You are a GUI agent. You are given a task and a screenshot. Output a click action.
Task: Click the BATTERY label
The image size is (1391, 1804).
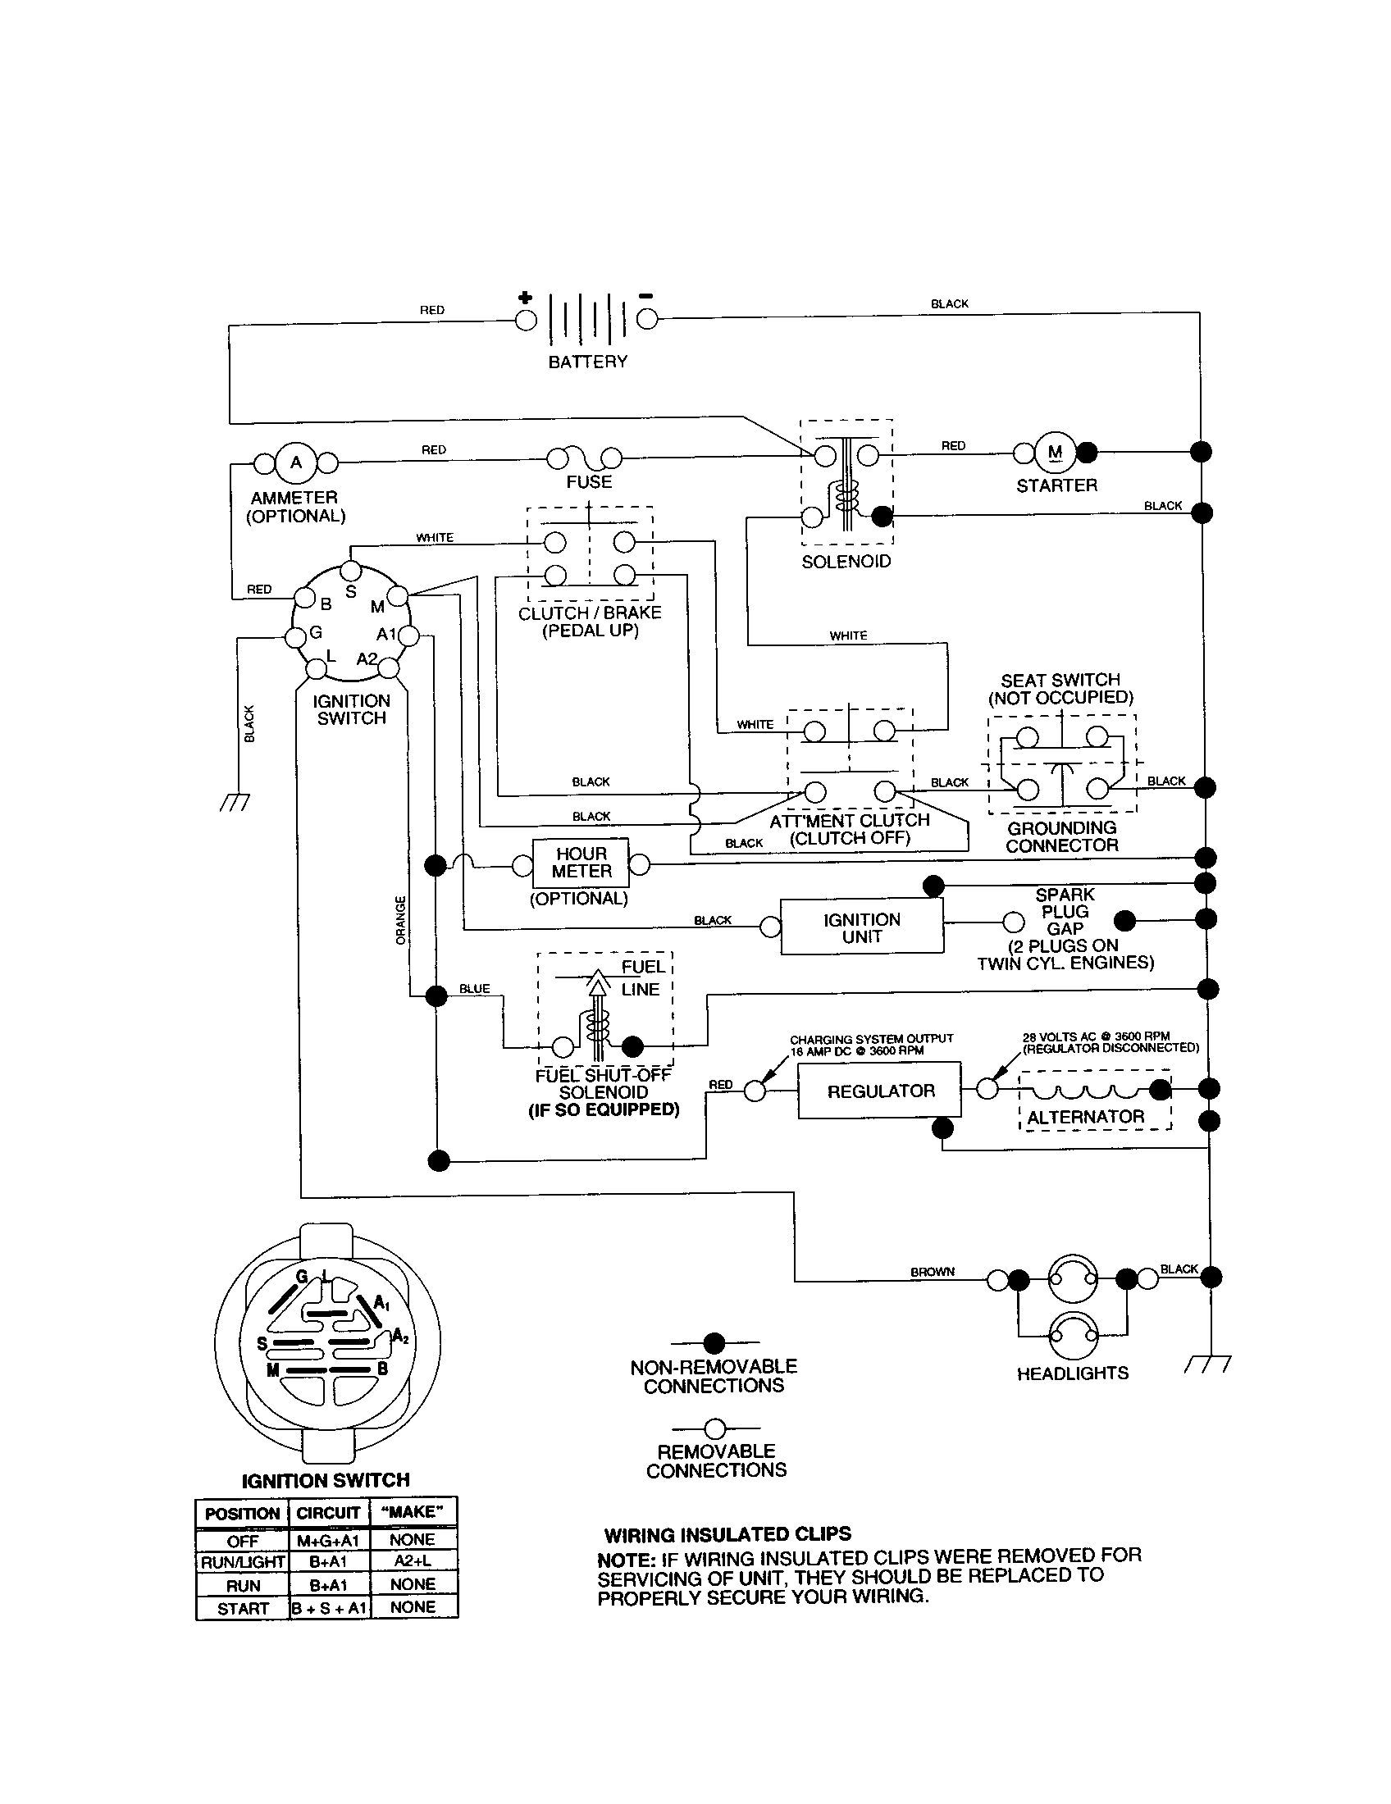(587, 362)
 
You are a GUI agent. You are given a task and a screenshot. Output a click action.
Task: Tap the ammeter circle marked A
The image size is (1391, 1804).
(296, 462)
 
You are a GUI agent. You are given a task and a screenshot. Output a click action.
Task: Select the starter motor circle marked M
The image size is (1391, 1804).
(1055, 452)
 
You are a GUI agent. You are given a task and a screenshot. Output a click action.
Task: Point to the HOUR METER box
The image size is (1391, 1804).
(581, 863)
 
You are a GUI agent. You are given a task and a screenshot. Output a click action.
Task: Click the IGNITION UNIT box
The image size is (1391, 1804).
(861, 927)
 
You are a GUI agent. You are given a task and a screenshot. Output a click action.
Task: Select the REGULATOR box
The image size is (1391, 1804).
(880, 1091)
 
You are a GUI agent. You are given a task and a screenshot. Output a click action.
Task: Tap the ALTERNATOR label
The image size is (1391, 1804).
(1085, 1117)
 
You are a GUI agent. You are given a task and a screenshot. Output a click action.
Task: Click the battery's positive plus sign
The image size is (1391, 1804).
(525, 298)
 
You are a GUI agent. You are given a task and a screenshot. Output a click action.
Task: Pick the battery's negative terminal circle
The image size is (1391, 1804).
(647, 320)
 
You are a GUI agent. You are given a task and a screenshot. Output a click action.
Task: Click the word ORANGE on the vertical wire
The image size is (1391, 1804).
(400, 920)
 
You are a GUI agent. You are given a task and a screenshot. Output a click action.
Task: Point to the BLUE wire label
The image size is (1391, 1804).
(474, 989)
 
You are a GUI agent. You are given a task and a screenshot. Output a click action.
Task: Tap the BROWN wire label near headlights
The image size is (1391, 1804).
(933, 1272)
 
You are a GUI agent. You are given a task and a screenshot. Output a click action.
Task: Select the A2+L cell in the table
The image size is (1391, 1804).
(413, 1561)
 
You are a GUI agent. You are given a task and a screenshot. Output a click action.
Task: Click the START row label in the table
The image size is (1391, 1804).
(243, 1608)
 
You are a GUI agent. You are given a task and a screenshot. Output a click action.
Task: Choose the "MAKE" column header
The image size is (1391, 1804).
(413, 1511)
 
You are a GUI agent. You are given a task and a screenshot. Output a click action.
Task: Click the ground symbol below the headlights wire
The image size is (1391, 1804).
(1207, 1364)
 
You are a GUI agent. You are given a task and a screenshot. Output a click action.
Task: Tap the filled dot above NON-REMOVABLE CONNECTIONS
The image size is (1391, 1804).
(714, 1343)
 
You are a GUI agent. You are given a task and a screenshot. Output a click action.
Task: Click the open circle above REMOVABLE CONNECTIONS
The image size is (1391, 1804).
(715, 1428)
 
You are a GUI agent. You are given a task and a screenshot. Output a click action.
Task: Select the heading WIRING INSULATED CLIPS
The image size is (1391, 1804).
(727, 1535)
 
